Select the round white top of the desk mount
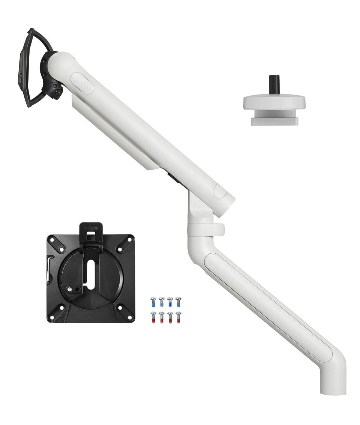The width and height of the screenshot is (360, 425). click(274, 101)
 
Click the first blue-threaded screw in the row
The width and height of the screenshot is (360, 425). click(153, 302)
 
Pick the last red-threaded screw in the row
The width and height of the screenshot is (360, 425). click(178, 317)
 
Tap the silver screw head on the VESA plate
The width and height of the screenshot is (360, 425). click(70, 289)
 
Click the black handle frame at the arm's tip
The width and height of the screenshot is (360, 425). click(26, 68)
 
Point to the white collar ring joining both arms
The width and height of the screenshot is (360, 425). click(206, 230)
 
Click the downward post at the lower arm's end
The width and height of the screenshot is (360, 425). click(333, 381)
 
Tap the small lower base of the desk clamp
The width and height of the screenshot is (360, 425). click(274, 121)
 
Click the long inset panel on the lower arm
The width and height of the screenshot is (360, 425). click(268, 306)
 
